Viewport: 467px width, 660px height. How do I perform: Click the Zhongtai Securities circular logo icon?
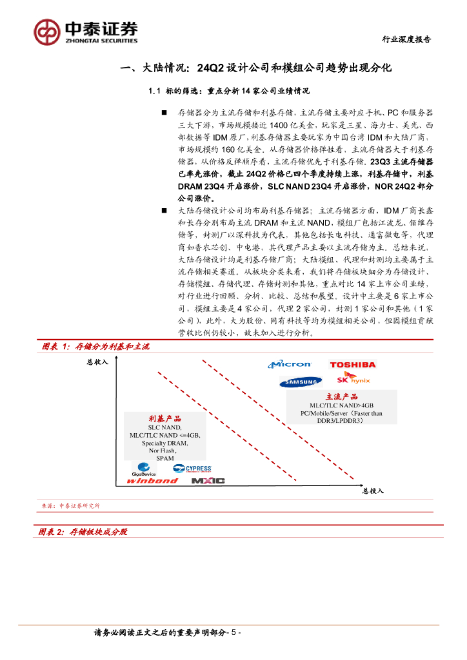(x=46, y=32)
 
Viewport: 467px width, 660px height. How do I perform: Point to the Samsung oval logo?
(x=301, y=383)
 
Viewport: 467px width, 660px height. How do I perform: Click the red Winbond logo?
(x=152, y=480)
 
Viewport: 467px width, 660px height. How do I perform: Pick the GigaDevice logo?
(x=144, y=469)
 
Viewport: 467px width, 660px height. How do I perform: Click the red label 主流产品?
(x=341, y=397)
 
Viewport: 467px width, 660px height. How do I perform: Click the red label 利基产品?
(x=165, y=419)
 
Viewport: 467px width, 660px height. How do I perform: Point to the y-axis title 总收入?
(x=97, y=362)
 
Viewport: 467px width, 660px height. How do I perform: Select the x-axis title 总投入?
(x=372, y=491)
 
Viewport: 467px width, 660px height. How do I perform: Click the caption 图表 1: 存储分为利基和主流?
(x=95, y=347)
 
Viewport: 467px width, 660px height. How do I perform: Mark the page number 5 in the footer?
(x=234, y=633)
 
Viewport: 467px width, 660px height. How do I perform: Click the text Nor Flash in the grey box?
(x=165, y=451)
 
